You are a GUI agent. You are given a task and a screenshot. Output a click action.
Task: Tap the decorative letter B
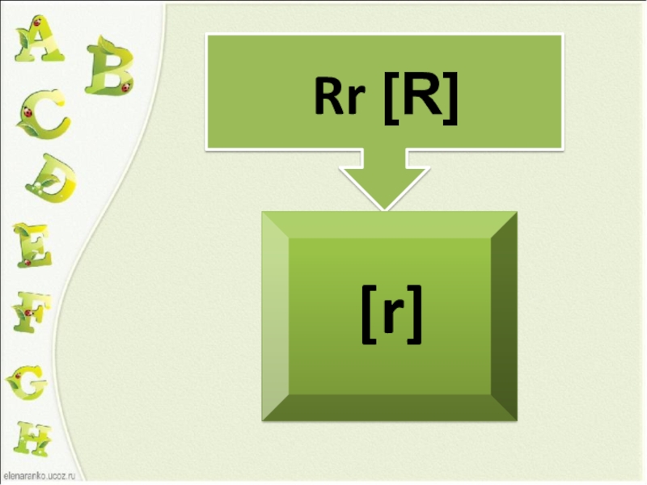click(108, 65)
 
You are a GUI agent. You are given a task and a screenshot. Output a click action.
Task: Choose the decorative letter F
click(32, 312)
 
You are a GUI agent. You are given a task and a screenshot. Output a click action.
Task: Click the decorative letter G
click(27, 380)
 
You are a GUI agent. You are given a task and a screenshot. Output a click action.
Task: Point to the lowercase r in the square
click(391, 317)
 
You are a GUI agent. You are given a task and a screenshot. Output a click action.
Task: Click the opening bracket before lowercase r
click(368, 318)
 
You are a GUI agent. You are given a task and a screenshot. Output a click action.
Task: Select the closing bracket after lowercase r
click(414, 318)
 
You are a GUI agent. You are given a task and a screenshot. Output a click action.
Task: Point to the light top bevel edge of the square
click(388, 225)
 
